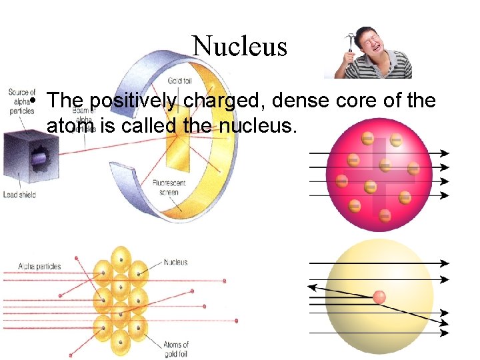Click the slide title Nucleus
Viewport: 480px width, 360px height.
[239, 46]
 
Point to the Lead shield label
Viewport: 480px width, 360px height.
[18, 195]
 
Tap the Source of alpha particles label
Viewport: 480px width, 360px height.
[21, 102]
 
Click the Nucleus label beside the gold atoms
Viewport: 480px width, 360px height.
[176, 262]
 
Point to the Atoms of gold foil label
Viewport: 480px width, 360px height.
[175, 349]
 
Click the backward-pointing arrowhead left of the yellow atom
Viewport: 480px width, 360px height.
[312, 287]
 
